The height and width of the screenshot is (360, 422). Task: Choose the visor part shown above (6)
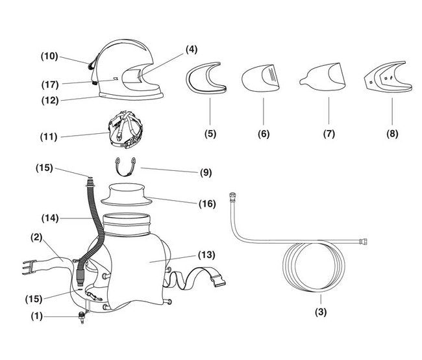pos(262,81)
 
